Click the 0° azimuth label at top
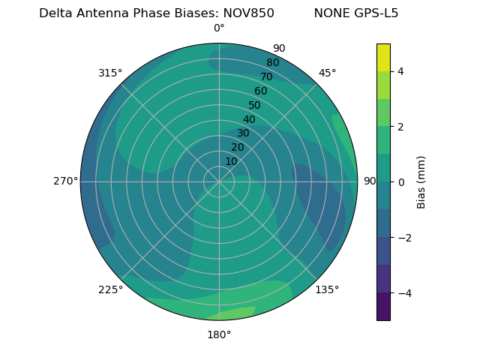pyautogui.click(x=219, y=28)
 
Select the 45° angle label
pyautogui.click(x=328, y=73)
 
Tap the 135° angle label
pyautogui.click(x=327, y=289)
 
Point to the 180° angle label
pyautogui.click(x=219, y=334)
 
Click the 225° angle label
pyautogui.click(x=110, y=290)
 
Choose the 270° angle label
pyautogui.click(x=65, y=181)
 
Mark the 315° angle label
pyautogui.click(x=110, y=73)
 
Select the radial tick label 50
pyautogui.click(x=255, y=105)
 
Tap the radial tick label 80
pyautogui.click(x=273, y=62)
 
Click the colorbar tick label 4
pyautogui.click(x=401, y=71)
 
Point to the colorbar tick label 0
pyautogui.click(x=401, y=181)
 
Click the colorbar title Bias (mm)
pyautogui.click(x=421, y=181)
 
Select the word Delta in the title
pyautogui.click(x=55, y=13)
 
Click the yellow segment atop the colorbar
pyautogui.click(x=383, y=57)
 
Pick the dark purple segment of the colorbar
pyautogui.click(x=383, y=307)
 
